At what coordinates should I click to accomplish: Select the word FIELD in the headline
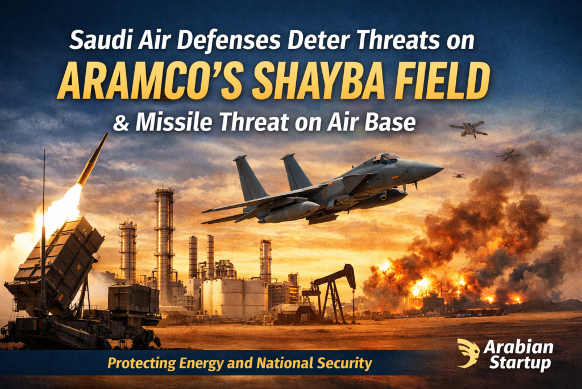click(x=440, y=84)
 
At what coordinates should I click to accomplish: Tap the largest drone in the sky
click(x=468, y=129)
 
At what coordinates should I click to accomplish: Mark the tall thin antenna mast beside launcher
click(x=43, y=228)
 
